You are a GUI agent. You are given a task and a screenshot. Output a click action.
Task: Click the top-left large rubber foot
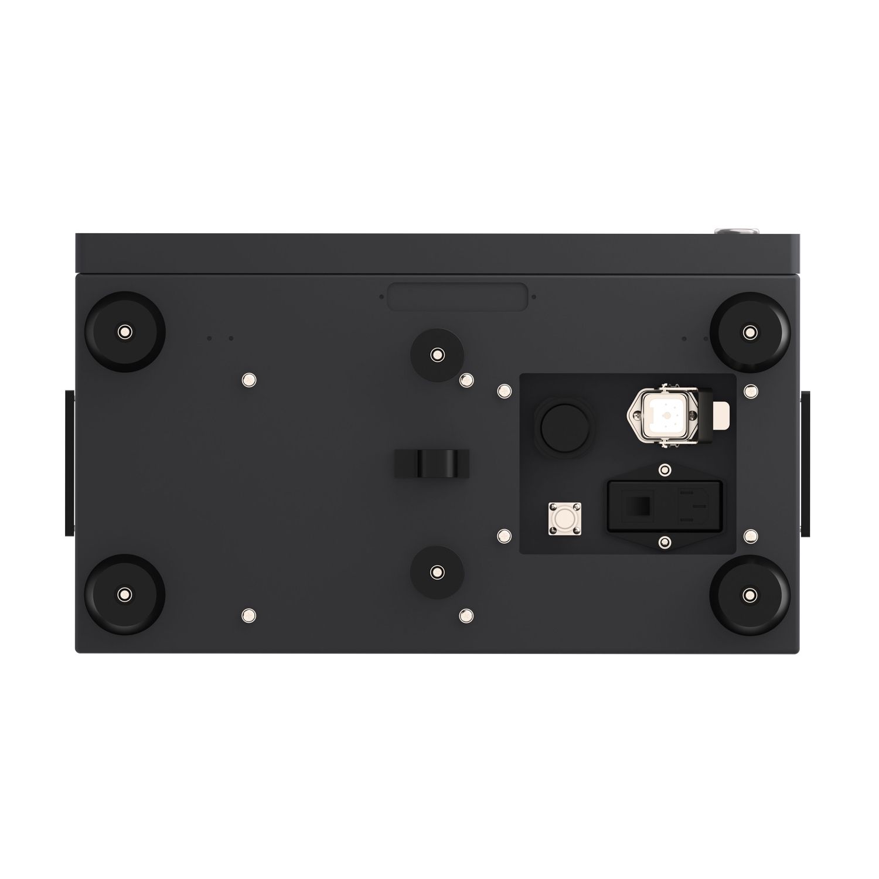124,332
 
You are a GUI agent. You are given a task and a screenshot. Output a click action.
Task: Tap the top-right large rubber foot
748,332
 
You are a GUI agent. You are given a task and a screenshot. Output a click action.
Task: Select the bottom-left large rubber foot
124,595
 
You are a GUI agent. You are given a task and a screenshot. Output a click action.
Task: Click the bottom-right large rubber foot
748,595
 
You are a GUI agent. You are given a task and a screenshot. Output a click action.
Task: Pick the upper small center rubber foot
437,354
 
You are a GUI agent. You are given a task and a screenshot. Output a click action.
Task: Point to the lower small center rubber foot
437,572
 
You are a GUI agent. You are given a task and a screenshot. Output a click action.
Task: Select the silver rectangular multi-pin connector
664,418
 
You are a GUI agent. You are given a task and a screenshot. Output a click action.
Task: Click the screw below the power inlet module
663,542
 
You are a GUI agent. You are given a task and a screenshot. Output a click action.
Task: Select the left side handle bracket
70,463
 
